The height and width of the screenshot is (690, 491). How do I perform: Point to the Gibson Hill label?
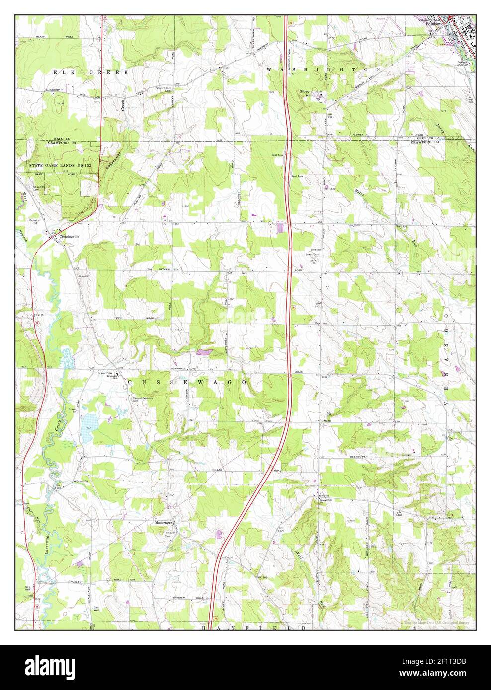(305, 94)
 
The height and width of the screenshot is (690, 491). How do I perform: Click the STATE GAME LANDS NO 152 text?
(54, 164)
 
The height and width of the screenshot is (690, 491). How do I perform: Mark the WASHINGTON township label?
(324, 69)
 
